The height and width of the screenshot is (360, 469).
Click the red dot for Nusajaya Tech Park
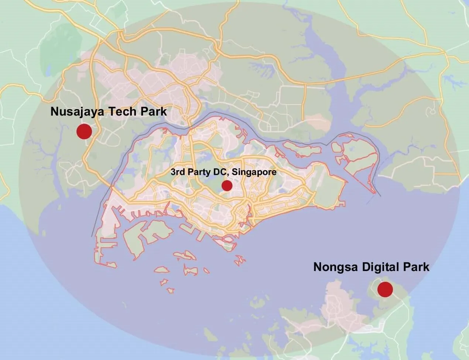pos(84,131)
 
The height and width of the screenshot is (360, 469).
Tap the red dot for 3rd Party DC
pos(227,186)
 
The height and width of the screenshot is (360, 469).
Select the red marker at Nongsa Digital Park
pos(385,289)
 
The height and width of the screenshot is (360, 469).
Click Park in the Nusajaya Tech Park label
pos(152,112)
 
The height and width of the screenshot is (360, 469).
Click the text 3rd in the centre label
pos(177,172)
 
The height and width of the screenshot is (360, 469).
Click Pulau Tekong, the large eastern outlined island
pos(356,155)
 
